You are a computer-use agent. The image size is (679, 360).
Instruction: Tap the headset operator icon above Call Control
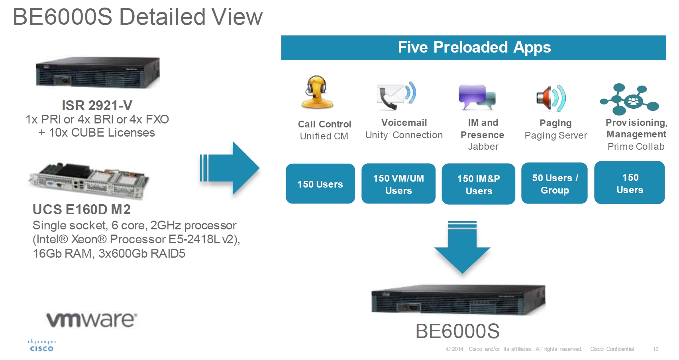pos(317,92)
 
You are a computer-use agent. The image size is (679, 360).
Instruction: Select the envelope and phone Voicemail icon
pos(396,96)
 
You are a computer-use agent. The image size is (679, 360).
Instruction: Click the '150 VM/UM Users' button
pos(398,184)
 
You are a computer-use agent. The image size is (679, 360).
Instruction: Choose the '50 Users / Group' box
pos(554,184)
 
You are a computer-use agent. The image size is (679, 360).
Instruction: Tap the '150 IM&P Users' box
pos(478,184)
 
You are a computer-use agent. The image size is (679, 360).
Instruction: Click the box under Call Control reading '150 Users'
pos(320,184)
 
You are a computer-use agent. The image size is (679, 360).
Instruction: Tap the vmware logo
pos(92,320)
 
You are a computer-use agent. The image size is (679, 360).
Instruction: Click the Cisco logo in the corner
pos(41,346)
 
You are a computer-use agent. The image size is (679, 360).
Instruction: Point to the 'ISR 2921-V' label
pos(97,106)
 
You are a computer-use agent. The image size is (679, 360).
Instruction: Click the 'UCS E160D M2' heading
pos(82,209)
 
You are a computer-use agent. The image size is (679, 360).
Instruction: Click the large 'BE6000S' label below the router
pos(457,331)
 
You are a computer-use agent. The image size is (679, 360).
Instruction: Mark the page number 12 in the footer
pos(655,349)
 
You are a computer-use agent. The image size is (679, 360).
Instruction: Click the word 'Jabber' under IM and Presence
pos(483,147)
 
